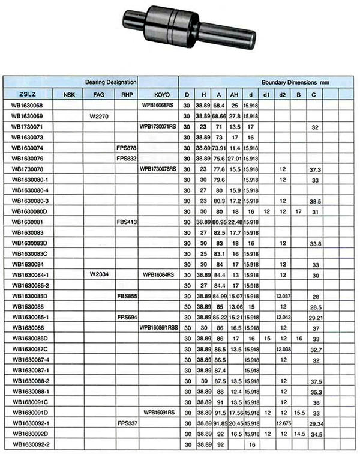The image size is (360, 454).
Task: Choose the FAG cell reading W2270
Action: (x=98, y=116)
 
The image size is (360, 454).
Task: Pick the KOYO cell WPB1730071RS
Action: (x=158, y=127)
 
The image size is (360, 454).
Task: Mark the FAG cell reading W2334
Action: (x=98, y=274)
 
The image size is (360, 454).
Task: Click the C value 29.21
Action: (x=314, y=317)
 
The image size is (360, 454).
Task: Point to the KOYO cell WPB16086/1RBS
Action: (x=159, y=328)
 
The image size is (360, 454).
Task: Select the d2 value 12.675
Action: (x=283, y=423)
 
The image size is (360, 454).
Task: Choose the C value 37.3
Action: (x=314, y=169)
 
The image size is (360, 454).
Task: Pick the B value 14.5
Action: (x=299, y=434)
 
